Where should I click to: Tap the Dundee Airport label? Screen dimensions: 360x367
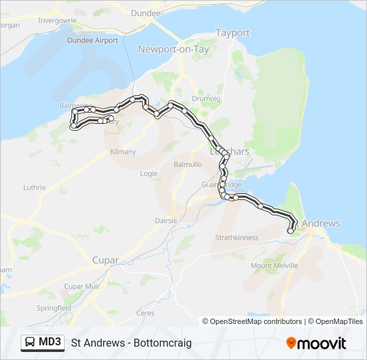coord(92,40)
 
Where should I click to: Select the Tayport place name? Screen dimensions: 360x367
coord(232,33)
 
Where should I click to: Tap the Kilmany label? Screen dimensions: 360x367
coord(123,152)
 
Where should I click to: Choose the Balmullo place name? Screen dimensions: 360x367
coord(187,163)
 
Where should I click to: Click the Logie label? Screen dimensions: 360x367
coord(149,173)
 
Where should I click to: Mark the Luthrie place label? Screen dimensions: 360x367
coord(34,188)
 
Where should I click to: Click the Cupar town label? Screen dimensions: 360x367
coord(105,260)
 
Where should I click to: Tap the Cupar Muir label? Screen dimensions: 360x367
coord(81,286)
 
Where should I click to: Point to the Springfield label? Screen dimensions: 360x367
coord(54,309)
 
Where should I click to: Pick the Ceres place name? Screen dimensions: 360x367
coord(145,313)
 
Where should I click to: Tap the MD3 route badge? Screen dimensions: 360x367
coord(43,343)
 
